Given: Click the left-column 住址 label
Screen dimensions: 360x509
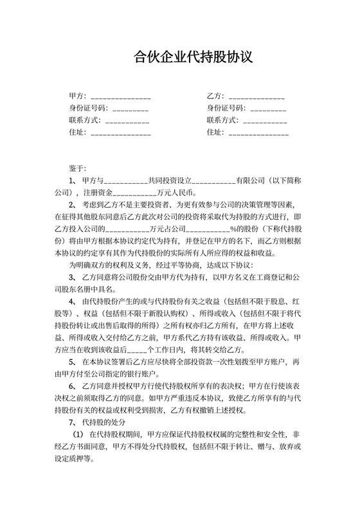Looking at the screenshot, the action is pos(75,133).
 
